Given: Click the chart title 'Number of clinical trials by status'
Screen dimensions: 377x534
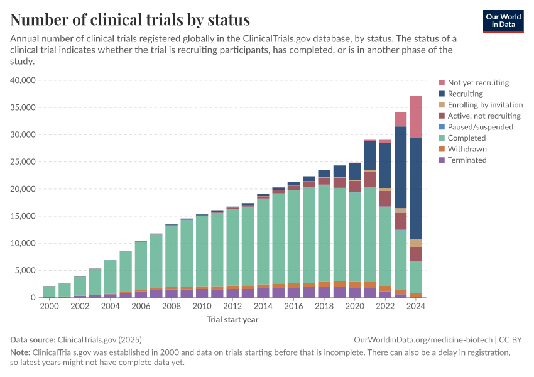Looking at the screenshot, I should pos(130,19).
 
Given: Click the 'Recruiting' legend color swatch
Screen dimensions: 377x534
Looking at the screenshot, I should pos(442,94).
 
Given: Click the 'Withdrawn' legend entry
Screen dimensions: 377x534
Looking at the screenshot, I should pos(467,149).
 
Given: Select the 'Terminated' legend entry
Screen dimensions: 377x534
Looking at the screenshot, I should pos(467,160).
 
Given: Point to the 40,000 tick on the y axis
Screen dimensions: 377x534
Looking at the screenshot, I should pos(24,80).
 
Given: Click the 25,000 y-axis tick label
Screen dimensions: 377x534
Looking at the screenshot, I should pos(24,162).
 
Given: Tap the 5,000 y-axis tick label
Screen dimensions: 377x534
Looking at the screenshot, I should pos(26,271).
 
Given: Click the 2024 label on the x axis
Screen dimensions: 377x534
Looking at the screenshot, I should pos(415,307).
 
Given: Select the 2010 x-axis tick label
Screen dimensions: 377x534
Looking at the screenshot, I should pos(202,307).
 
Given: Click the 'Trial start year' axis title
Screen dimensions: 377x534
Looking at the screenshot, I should pos(232,319).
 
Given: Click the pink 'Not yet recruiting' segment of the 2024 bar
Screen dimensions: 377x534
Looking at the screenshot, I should pos(415,116).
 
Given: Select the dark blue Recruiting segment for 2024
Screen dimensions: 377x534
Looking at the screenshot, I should pos(415,188).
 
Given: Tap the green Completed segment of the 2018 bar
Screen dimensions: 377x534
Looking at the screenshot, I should pos(324,232).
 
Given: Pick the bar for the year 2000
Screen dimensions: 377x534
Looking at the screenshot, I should pos(49,292).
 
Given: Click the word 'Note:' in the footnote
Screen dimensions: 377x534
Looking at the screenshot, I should pos(19,352).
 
